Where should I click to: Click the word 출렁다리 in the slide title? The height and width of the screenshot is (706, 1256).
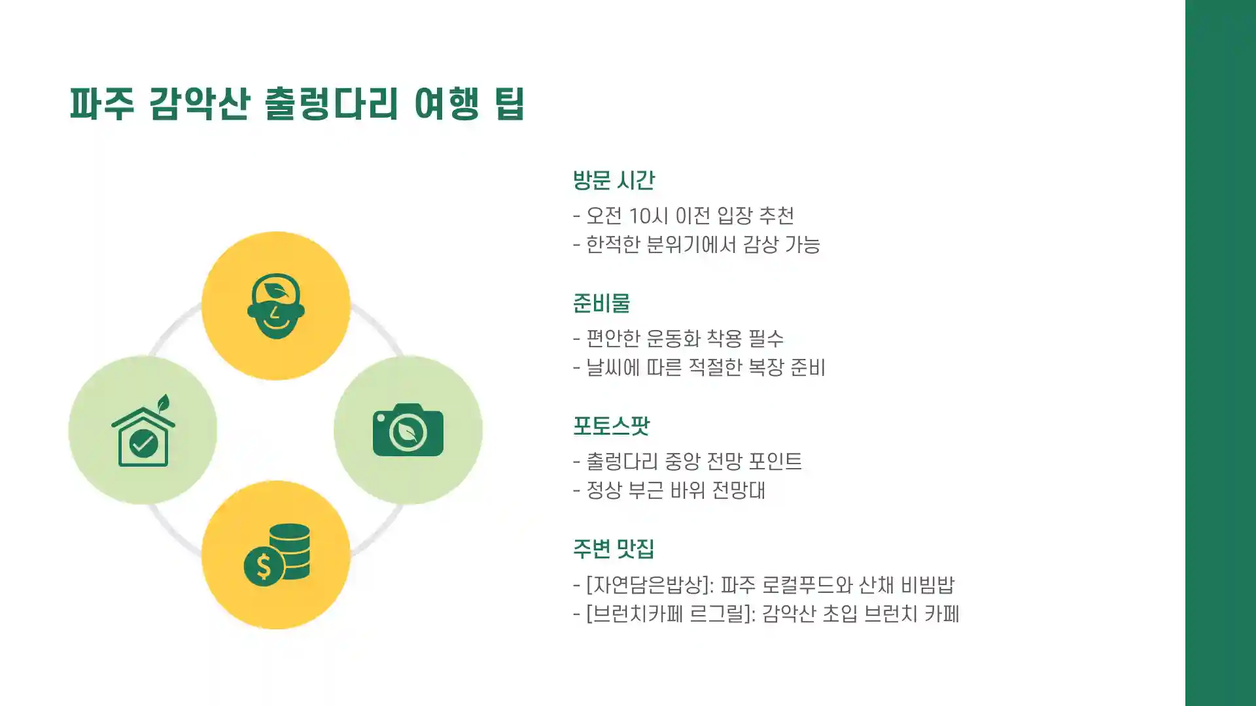(331, 103)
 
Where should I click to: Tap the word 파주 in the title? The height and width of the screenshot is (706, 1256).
(102, 103)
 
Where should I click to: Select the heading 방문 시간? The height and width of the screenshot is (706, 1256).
(613, 180)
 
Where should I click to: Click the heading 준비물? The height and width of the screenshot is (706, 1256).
(601, 303)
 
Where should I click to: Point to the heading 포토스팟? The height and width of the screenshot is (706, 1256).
(610, 426)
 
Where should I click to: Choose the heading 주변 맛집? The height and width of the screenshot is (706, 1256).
(613, 548)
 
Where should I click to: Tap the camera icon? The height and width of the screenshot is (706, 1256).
(408, 430)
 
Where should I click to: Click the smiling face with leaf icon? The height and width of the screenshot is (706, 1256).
(275, 305)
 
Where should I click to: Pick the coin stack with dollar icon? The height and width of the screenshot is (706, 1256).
(277, 554)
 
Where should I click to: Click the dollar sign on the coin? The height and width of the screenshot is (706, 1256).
(263, 566)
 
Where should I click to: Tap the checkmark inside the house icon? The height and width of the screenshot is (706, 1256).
(143, 445)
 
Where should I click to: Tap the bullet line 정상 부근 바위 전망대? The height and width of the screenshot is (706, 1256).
(675, 490)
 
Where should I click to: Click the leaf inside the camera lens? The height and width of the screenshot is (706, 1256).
(408, 432)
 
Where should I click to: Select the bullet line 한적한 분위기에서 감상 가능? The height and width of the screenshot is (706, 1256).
(702, 244)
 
